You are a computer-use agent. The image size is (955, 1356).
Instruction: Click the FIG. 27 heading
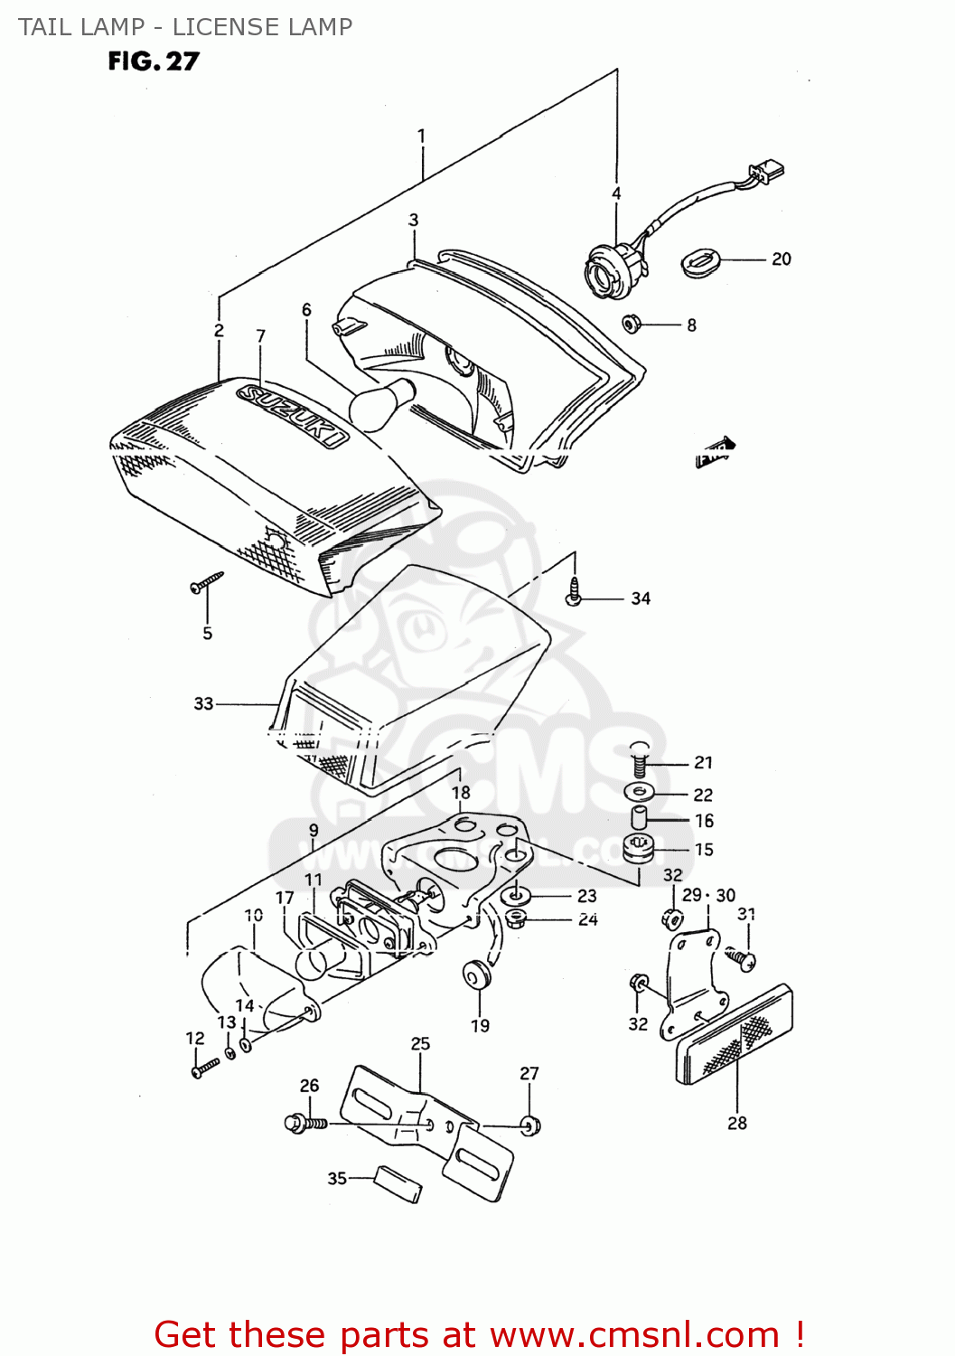tap(153, 61)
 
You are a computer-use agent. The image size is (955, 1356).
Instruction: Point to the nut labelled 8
tap(632, 323)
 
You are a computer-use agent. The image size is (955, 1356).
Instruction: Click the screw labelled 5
tap(207, 581)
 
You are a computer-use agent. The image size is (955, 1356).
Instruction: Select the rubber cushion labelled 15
tap(638, 850)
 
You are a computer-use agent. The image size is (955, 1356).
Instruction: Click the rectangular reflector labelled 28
tap(734, 1037)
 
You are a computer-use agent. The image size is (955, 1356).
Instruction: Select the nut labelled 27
tap(531, 1125)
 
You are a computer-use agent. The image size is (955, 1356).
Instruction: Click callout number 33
tap(203, 703)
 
